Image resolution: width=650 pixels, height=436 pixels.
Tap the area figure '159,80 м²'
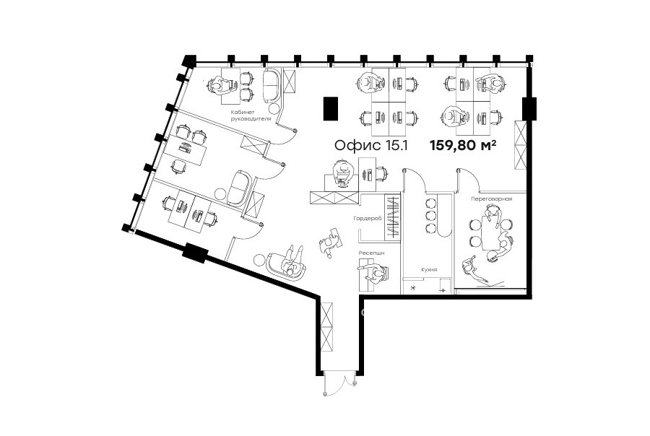tap(463, 145)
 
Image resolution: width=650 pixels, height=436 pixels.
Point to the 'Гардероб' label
tap(368, 218)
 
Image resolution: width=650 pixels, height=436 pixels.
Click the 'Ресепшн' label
tap(371, 252)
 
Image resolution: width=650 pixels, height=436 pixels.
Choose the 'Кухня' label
tap(429, 269)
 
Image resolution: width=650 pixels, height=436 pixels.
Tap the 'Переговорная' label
tap(491, 199)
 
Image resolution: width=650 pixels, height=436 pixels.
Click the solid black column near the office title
tap(331, 108)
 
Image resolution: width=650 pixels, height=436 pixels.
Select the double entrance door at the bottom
tap(339, 384)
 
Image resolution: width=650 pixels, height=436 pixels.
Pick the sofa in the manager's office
tap(272, 86)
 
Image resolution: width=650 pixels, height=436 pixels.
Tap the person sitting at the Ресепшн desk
tap(376, 274)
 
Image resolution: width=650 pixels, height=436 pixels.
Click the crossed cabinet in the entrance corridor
tap(326, 326)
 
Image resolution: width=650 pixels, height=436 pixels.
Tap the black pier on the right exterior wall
tap(529, 108)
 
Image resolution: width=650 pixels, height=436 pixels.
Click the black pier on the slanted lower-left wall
tap(195, 253)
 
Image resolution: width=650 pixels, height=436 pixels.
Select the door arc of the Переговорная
tap(469, 179)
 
